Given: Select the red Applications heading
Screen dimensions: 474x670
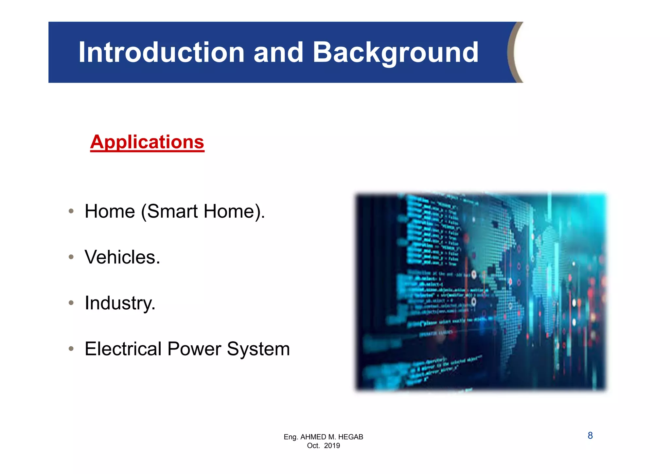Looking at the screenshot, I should click(147, 142).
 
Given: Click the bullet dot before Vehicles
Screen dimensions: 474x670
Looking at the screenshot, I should click(71, 257).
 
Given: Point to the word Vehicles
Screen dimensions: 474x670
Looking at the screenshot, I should click(122, 257).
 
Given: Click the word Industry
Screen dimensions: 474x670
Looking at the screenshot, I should click(120, 303).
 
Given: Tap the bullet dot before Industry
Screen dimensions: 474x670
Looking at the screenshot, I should click(71, 303).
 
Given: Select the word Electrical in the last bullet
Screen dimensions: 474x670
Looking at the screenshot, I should click(123, 349).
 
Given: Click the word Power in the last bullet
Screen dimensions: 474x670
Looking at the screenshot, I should click(194, 349).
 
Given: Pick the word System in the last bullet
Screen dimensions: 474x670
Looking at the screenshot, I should click(258, 349).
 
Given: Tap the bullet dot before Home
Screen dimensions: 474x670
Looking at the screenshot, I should click(71, 211).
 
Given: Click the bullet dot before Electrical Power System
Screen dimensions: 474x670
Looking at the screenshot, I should click(71, 349).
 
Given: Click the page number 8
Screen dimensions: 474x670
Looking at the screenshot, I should click(590, 436).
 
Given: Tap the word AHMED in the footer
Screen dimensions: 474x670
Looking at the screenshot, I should click(313, 437).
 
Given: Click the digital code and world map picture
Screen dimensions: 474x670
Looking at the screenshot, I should click(481, 291).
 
